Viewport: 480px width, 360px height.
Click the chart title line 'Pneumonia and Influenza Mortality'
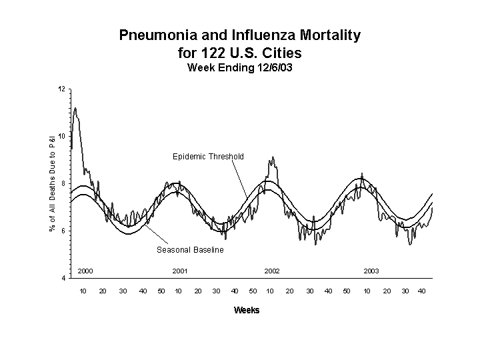click(240, 35)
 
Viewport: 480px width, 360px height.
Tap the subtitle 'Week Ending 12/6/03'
click(240, 67)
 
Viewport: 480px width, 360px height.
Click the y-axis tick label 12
click(61, 89)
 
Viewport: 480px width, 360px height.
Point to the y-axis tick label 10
click(61, 137)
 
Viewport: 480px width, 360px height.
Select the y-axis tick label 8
click(63, 184)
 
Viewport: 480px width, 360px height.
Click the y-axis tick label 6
click(63, 231)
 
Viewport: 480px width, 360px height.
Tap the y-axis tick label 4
click(63, 278)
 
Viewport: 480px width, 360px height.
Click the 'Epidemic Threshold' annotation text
click(208, 157)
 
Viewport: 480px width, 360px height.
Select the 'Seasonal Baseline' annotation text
click(190, 250)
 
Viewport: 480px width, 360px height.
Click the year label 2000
click(85, 271)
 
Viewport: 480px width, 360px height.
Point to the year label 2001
click(180, 271)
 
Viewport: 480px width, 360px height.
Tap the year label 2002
click(272, 271)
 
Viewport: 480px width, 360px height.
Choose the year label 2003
click(371, 271)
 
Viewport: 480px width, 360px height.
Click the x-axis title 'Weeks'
click(247, 311)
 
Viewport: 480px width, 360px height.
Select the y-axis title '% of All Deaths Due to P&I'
click(52, 180)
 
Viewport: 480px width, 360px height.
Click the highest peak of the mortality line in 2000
click(75, 108)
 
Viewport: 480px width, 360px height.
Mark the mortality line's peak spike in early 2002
click(271, 157)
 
